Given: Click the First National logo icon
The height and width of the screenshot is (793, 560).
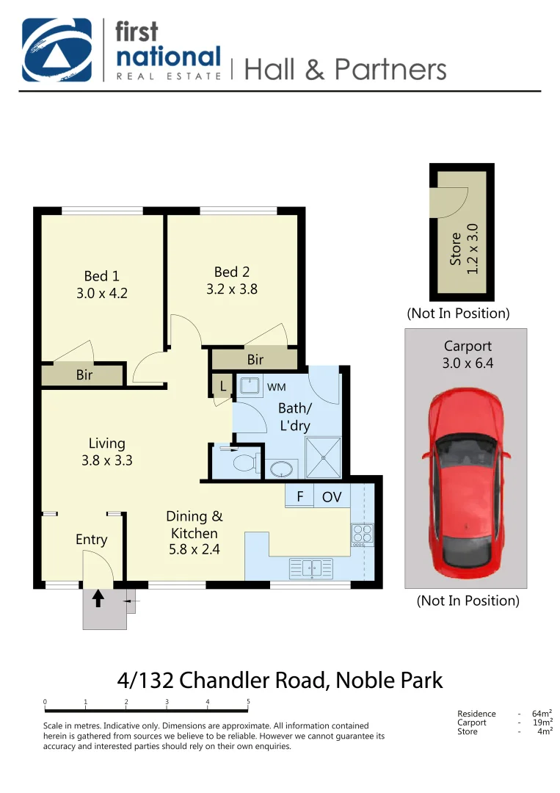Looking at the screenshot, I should [57, 49].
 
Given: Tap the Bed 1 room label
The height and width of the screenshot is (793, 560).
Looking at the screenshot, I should [101, 276].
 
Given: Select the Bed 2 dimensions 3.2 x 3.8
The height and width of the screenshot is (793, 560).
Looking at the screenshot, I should [232, 289].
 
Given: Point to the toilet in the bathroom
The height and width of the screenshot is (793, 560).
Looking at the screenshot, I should [244, 463].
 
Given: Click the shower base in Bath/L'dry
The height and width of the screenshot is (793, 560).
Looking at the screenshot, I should [324, 457].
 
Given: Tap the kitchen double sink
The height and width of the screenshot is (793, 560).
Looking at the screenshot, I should [311, 567].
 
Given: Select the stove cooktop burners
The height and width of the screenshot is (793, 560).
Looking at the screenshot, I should [363, 534].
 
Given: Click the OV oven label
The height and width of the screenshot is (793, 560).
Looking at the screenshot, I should [332, 497].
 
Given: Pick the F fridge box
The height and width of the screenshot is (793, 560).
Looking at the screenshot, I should [299, 497].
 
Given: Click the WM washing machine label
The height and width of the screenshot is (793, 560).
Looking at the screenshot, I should [276, 386].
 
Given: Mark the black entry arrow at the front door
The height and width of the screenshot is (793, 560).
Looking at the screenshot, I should [98, 598].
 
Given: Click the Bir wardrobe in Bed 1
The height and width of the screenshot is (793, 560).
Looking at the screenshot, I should [84, 375].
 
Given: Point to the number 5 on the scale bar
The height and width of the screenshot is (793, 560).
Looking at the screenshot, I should [248, 702].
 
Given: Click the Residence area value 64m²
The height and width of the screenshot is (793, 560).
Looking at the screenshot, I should [542, 714].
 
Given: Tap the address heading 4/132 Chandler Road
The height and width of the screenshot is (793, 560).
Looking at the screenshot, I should [280, 680].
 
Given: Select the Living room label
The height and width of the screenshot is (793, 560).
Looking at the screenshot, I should [107, 443].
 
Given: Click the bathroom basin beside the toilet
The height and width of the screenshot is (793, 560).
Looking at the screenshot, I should [281, 468].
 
